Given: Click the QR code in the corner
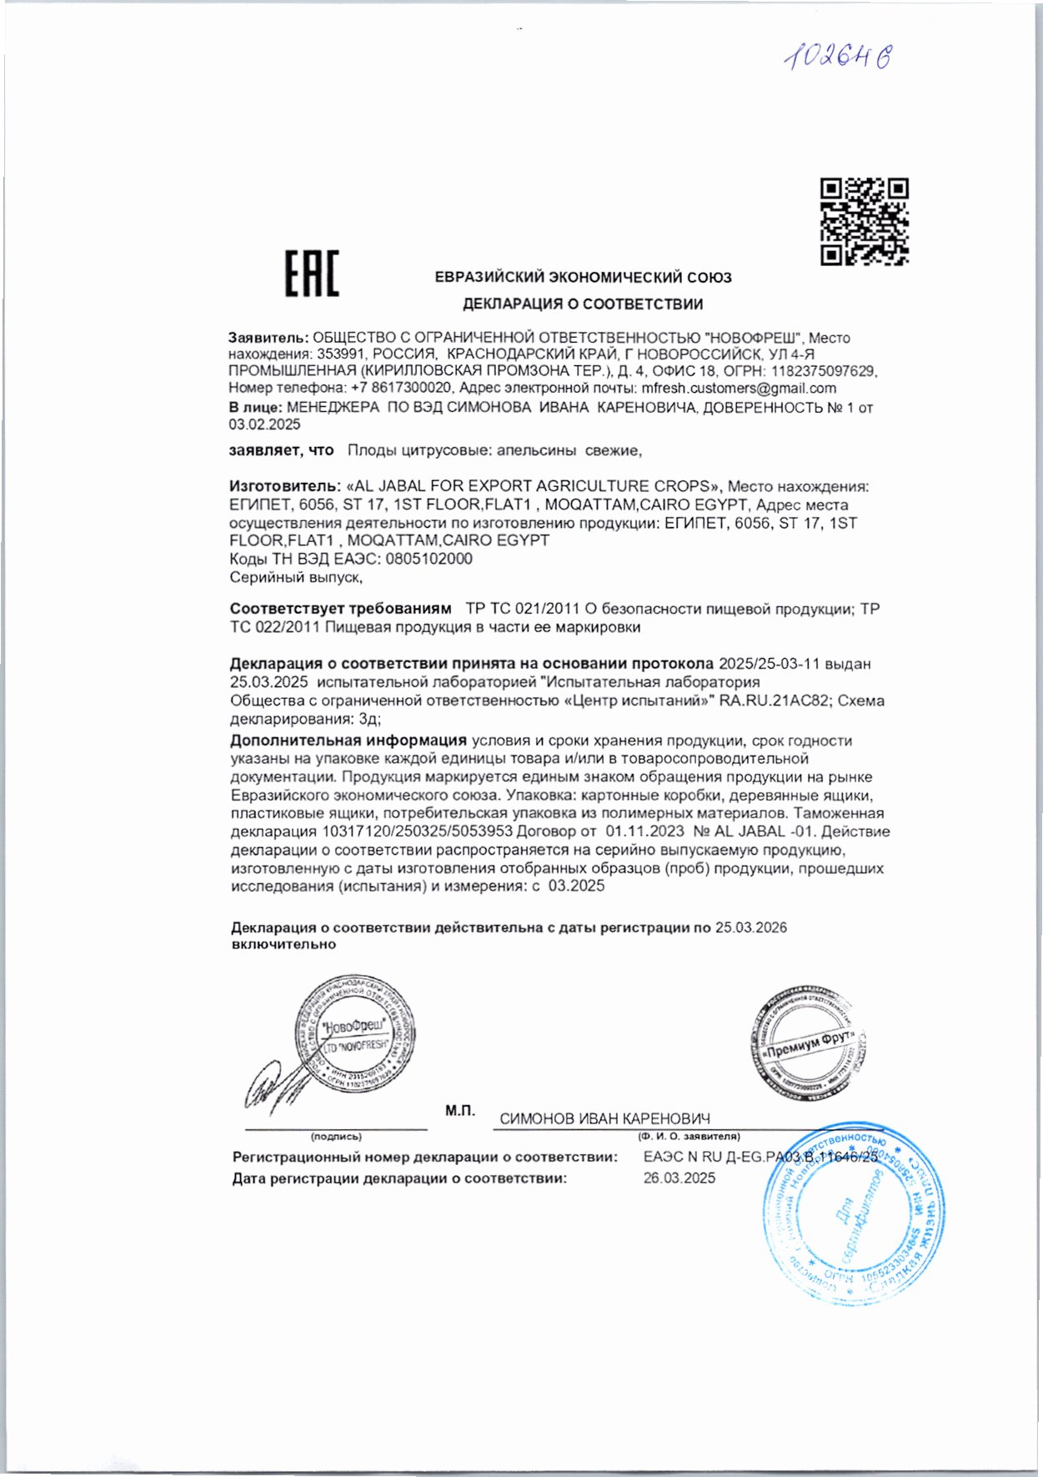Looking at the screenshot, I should [x=864, y=221].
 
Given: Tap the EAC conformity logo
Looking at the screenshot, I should [x=312, y=273].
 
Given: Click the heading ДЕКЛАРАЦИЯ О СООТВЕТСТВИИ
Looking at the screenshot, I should [x=583, y=304].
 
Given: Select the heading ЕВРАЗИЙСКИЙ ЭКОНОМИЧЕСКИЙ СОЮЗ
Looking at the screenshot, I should [x=583, y=277].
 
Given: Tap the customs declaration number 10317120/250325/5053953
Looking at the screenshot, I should [x=417, y=831].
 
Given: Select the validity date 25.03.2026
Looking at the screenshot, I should [x=750, y=927].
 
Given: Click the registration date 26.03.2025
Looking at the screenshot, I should [x=679, y=1178].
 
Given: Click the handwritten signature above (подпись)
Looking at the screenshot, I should [x=268, y=1088].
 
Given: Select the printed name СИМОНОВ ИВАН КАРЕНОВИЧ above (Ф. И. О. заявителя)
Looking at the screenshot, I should [x=604, y=1119].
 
